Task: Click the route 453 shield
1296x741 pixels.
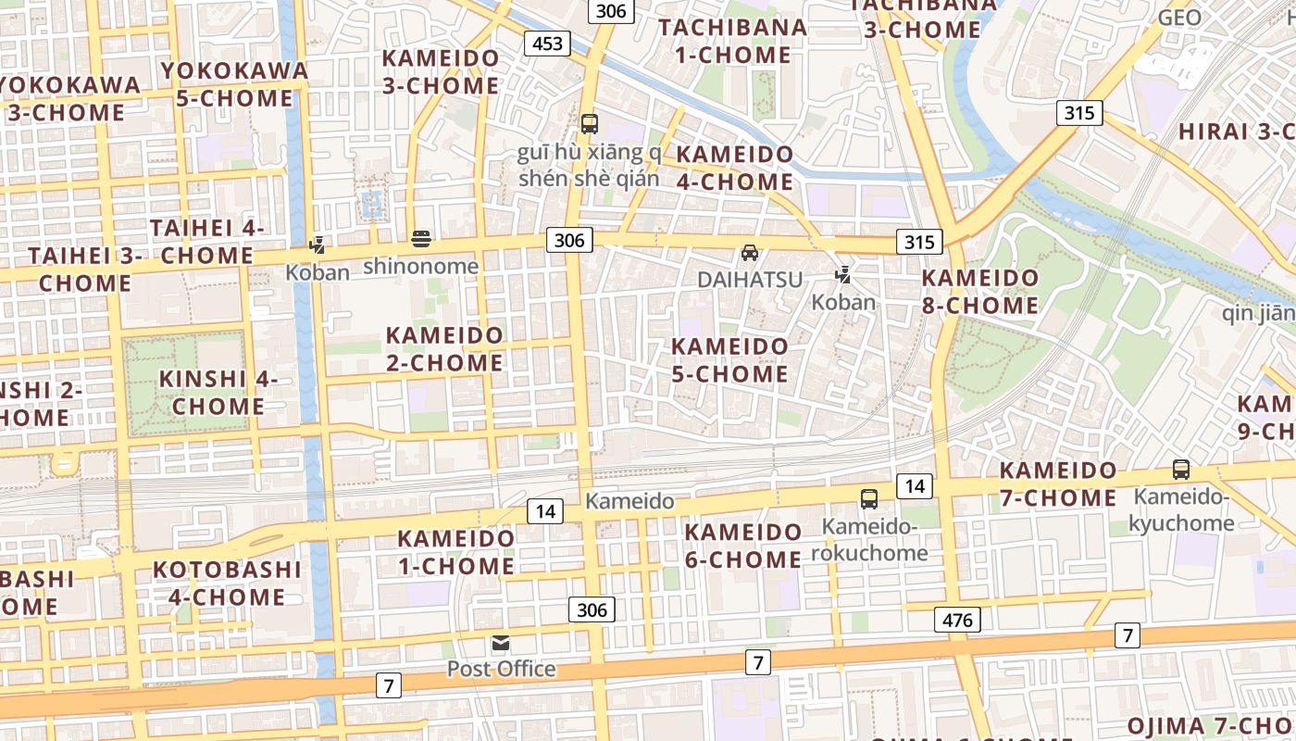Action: click(x=547, y=43)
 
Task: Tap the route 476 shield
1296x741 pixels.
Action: click(x=957, y=619)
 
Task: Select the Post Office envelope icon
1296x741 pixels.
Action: click(x=501, y=643)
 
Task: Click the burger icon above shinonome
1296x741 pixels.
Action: click(x=421, y=240)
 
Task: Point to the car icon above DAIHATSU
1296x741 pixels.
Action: click(x=750, y=252)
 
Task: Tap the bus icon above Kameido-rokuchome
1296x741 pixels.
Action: click(x=869, y=499)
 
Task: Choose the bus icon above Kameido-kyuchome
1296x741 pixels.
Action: click(x=1181, y=470)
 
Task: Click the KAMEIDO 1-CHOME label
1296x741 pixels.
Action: click(x=456, y=552)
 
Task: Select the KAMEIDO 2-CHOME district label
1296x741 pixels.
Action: click(x=445, y=348)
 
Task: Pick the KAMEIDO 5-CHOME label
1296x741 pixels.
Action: click(x=730, y=359)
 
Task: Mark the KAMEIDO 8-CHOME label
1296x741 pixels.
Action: click(x=980, y=291)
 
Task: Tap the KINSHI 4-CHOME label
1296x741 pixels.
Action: click(x=218, y=392)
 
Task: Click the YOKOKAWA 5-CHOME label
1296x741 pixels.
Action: click(x=234, y=83)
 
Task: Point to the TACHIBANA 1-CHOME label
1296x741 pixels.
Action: click(x=733, y=41)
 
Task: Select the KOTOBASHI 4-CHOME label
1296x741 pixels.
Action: click(x=227, y=583)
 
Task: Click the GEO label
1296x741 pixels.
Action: click(x=1179, y=18)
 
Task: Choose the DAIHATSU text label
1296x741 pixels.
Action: click(x=750, y=279)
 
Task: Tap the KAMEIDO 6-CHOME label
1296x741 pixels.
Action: click(x=743, y=546)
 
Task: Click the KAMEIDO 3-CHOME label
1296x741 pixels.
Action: click(x=441, y=71)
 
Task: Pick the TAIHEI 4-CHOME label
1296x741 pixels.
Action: click(x=207, y=241)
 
